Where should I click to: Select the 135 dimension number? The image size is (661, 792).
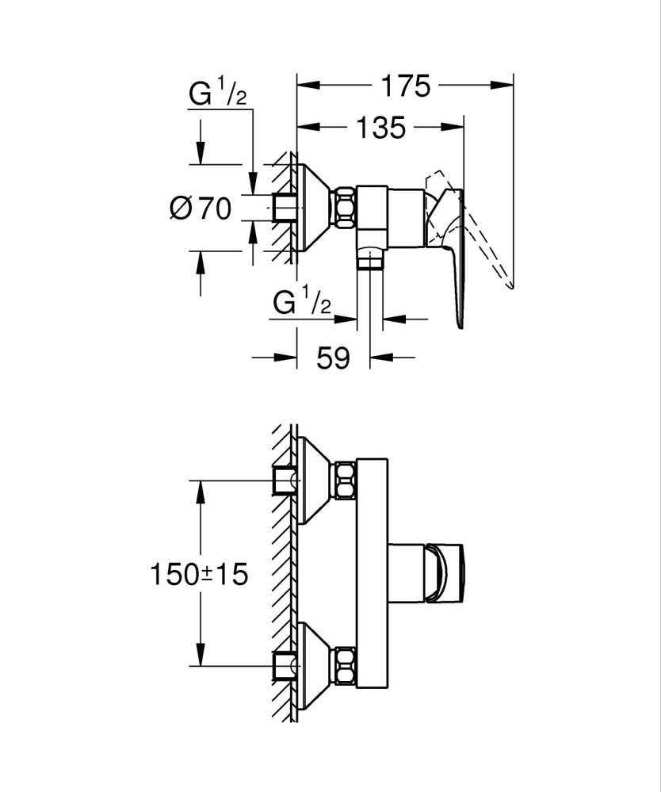click(380, 127)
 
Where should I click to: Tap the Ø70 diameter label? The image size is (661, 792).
click(201, 209)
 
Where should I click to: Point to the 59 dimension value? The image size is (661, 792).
click(332, 358)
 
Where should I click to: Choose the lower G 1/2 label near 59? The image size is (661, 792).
click(301, 303)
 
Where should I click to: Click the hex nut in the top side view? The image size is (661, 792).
click(345, 208)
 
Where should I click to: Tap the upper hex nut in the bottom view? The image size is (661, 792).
click(345, 480)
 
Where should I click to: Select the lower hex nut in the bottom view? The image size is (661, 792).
click(345, 667)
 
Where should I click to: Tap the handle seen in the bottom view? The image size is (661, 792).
click(449, 573)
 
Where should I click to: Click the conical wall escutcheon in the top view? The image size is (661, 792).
click(313, 208)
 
